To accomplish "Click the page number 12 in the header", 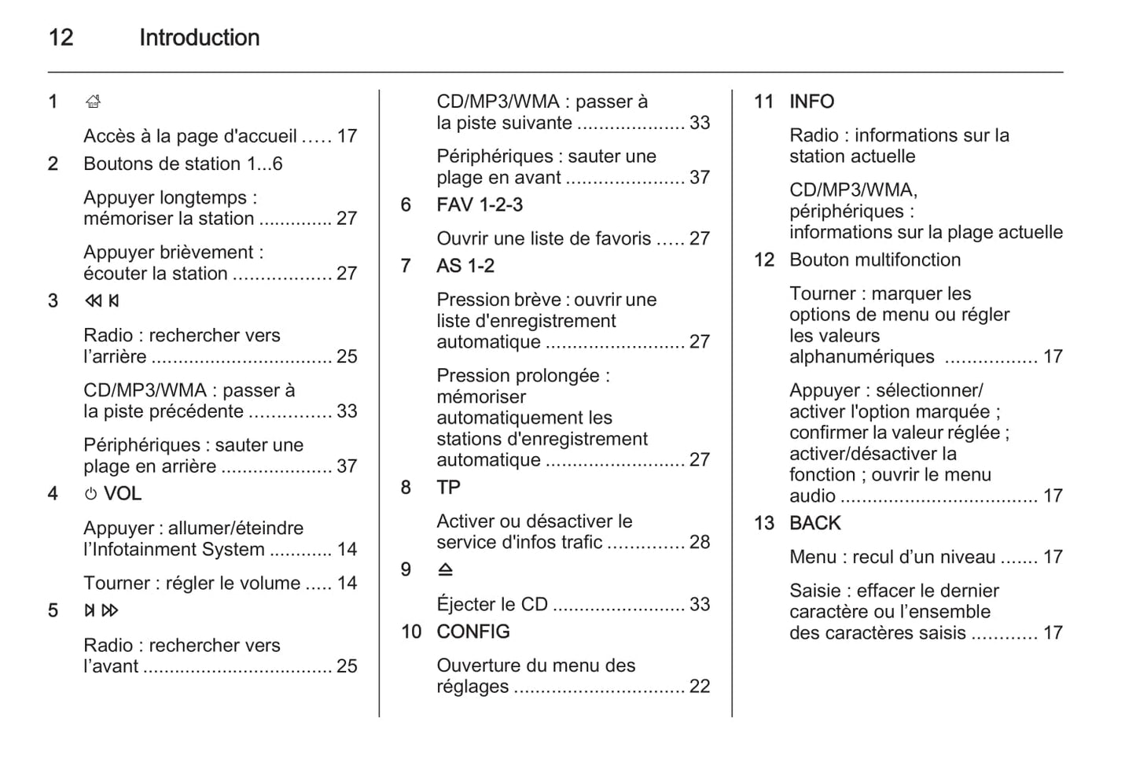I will [x=61, y=37].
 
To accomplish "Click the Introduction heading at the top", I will [x=199, y=37].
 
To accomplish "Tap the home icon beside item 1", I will [x=93, y=101].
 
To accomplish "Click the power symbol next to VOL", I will [x=90, y=494].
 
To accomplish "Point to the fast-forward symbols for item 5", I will [x=101, y=610].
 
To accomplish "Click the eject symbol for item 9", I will [x=445, y=569].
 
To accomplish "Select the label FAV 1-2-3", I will [x=480, y=204].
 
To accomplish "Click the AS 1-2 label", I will [x=465, y=266].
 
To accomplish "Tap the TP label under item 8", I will [x=448, y=488].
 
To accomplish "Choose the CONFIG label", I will [x=473, y=632].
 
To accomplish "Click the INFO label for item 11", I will [x=811, y=101].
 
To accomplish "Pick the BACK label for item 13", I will [x=815, y=523].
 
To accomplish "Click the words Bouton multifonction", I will [x=875, y=260].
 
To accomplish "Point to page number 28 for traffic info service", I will [x=699, y=542].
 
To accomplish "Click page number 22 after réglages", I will [x=699, y=687].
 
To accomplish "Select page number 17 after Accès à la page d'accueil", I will [x=347, y=136].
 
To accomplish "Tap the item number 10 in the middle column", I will [x=411, y=632].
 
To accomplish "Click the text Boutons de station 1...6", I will [x=182, y=164].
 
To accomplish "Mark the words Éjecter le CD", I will [x=492, y=604].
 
